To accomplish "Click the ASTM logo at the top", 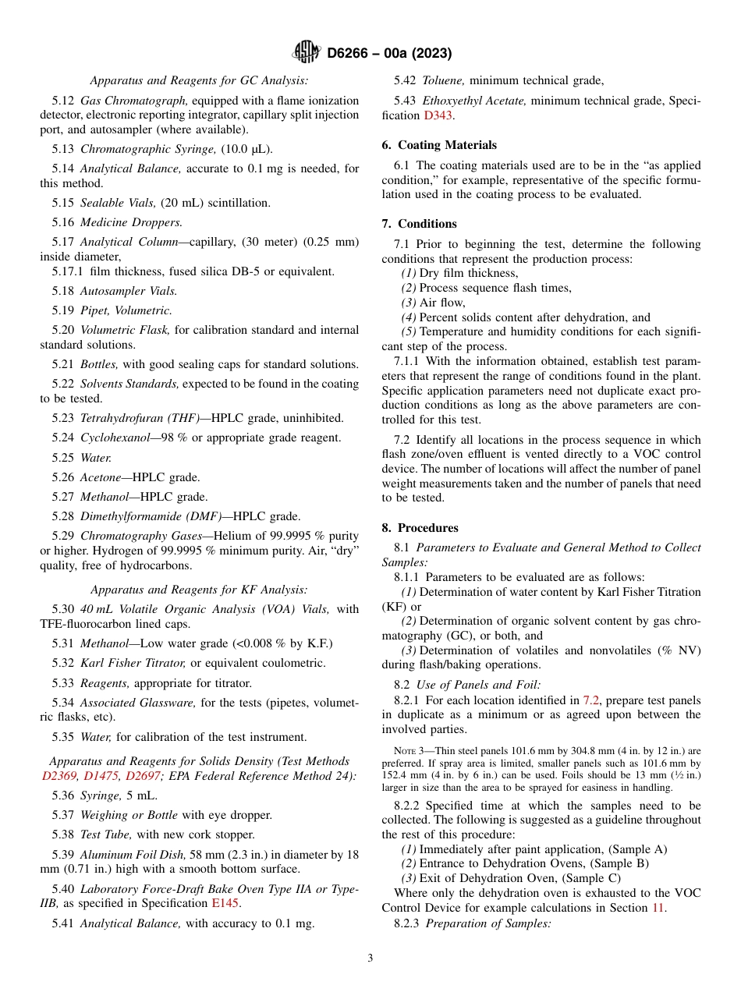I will [306, 52].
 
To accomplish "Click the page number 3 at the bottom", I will [370, 958].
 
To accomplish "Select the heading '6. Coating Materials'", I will [439, 145].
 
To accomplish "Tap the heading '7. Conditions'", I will [419, 224].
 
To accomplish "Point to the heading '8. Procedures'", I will [420, 528].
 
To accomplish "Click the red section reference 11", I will [658, 908].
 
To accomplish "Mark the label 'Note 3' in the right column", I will [409, 751].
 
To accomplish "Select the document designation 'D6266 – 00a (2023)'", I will [389, 54].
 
